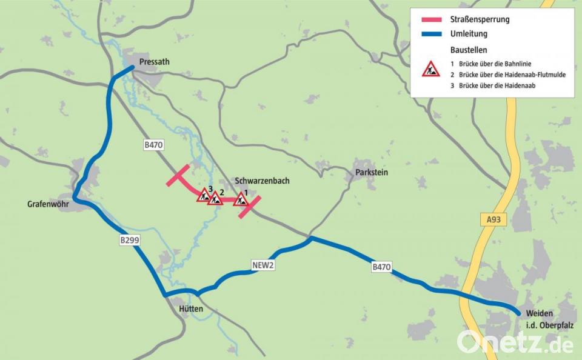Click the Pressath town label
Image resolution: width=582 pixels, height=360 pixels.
pyautogui.click(x=154, y=62)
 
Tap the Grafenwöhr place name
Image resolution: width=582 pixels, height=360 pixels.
pyautogui.click(x=48, y=205)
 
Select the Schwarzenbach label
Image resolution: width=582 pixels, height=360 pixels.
pyautogui.click(x=262, y=181)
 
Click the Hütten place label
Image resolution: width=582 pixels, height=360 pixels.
pyautogui.click(x=191, y=309)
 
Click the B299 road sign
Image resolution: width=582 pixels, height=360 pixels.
pyautogui.click(x=130, y=241)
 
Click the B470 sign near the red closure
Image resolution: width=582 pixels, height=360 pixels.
pyautogui.click(x=154, y=145)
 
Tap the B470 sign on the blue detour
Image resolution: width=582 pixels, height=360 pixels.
pyautogui.click(x=381, y=267)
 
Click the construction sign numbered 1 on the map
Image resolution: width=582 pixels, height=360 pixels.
pyautogui.click(x=241, y=199)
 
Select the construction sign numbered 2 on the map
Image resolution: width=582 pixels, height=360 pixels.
pyautogui.click(x=215, y=198)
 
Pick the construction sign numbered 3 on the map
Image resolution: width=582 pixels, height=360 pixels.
pyautogui.click(x=204, y=195)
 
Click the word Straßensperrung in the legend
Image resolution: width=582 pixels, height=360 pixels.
pyautogui.click(x=480, y=19)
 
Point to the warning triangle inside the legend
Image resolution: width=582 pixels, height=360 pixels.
pyautogui.click(x=431, y=69)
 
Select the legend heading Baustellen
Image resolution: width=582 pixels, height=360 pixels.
pyautogui.click(x=469, y=50)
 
